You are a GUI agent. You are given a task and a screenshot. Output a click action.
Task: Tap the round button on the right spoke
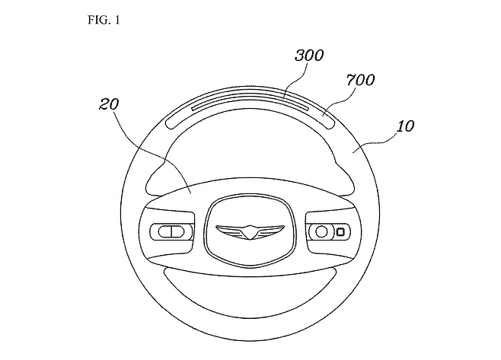(x=322, y=230)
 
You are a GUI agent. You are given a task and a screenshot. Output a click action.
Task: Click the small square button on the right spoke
(x=340, y=231)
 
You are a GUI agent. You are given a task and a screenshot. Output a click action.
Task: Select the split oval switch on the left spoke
(x=169, y=230)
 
